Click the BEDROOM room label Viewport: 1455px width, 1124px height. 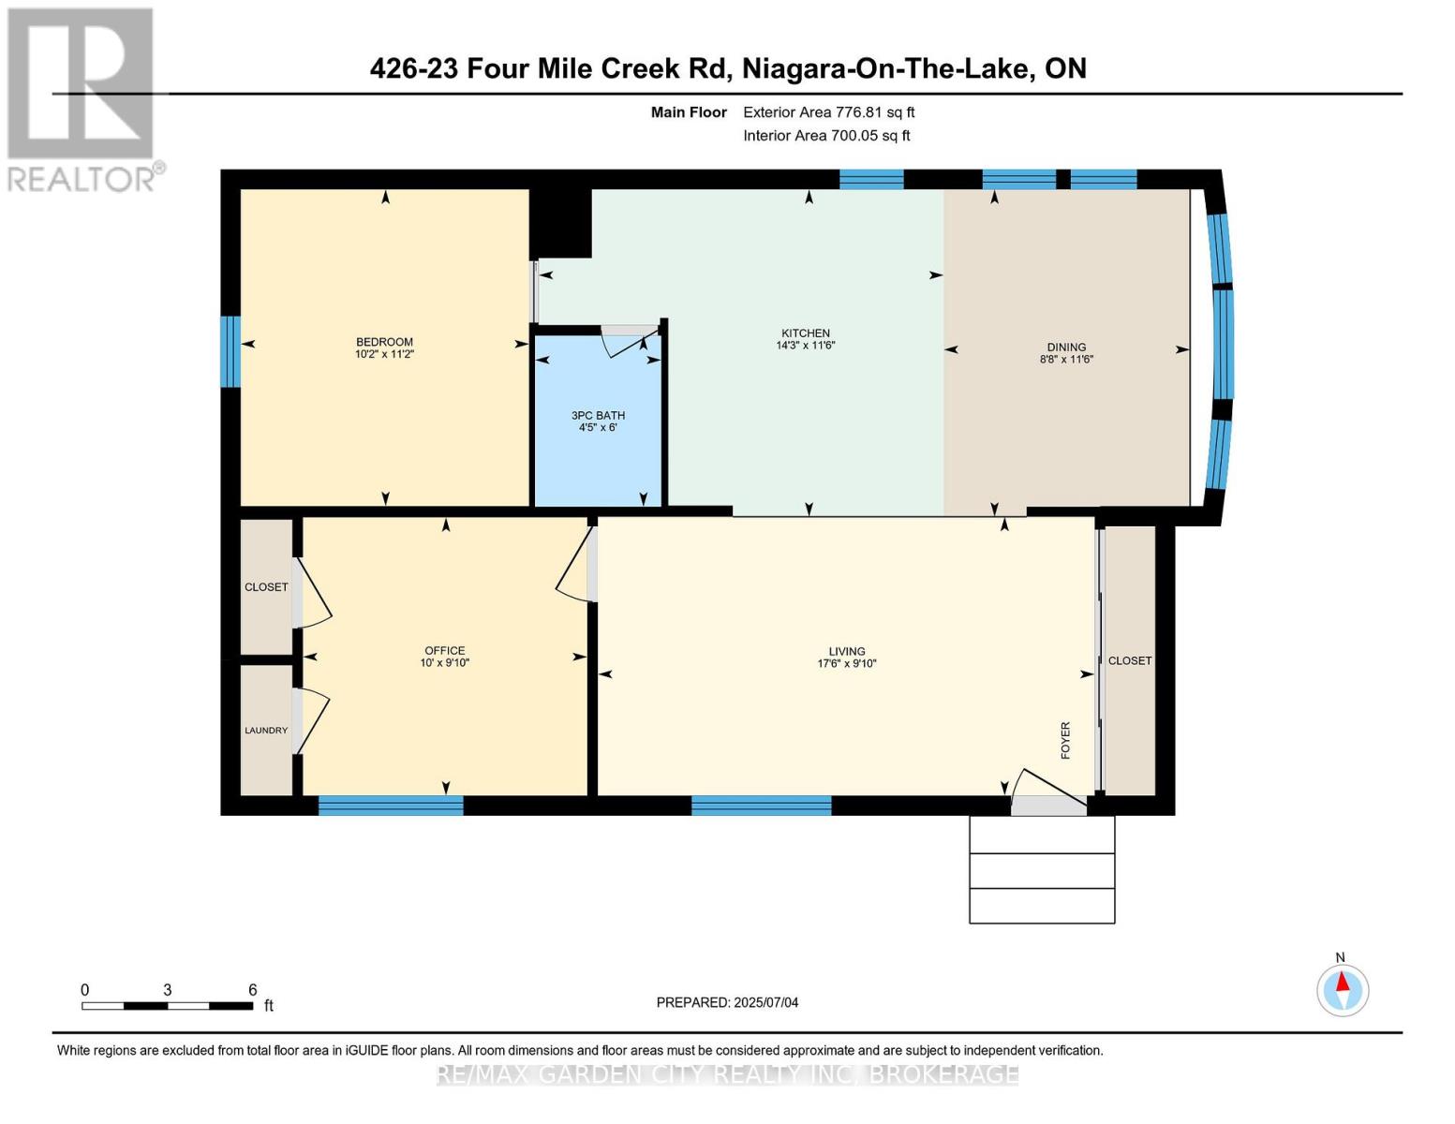384,342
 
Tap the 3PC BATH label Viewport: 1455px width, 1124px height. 598,415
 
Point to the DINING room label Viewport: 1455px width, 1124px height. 1066,347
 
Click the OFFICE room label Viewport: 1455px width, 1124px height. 444,650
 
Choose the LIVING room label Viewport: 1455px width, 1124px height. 846,651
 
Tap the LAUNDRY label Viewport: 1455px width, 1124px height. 266,731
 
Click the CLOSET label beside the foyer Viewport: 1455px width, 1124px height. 1130,660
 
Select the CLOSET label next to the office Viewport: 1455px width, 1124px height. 266,587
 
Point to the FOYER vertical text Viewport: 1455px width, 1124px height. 1065,740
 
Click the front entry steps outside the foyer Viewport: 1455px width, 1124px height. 1042,869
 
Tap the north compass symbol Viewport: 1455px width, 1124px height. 1342,989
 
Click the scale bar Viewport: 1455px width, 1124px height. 167,1006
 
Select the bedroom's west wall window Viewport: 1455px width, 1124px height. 230,351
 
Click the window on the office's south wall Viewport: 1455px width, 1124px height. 391,806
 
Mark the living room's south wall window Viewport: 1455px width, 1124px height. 761,806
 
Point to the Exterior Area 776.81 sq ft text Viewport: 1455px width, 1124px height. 828,112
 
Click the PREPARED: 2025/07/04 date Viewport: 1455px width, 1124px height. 727,1002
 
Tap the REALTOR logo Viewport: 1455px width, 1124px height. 82,98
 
